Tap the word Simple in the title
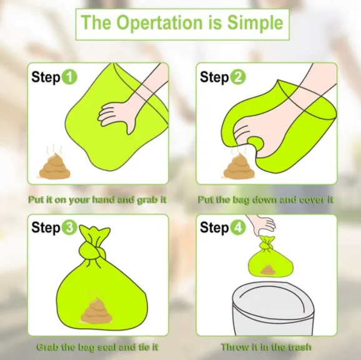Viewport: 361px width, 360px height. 255,22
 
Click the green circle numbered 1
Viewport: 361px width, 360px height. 69,77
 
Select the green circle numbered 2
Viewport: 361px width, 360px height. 239,77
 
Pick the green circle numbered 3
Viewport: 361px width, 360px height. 69,227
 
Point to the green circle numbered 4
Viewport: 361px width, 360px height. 239,227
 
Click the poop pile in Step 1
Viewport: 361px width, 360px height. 55,167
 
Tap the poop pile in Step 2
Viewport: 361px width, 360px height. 239,167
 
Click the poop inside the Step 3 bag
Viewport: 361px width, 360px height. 96,311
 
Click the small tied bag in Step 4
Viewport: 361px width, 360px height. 270,257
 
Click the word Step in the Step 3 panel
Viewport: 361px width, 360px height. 46,228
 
